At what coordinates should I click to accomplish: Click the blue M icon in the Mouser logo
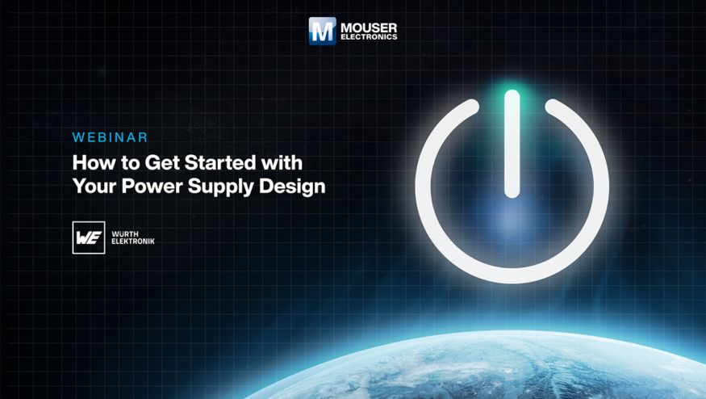coord(323,31)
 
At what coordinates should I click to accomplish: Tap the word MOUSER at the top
coord(369,28)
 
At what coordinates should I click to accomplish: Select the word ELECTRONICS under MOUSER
coord(369,37)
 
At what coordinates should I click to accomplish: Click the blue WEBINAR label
coord(110,137)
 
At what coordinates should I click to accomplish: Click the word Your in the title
coord(94,187)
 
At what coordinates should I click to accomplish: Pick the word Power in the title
coord(152,187)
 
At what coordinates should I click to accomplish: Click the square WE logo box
coord(89,237)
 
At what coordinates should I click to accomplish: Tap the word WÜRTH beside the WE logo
coord(125,234)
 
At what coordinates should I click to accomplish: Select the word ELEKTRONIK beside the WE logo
coord(133,241)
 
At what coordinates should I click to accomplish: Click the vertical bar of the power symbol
coord(512,144)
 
